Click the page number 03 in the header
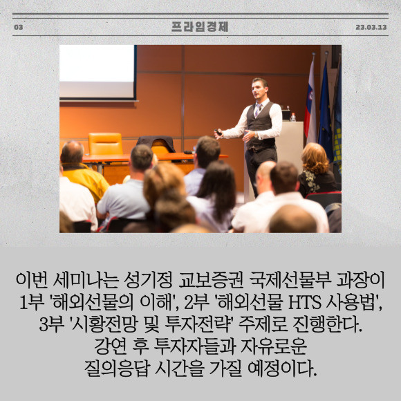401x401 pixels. (x=19, y=27)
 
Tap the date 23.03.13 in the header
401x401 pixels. (x=371, y=27)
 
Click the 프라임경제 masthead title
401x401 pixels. (x=200, y=26)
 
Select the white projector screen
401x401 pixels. (x=97, y=72)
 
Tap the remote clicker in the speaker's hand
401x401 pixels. (x=218, y=132)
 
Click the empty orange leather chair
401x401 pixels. (x=105, y=144)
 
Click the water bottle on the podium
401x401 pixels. (x=293, y=117)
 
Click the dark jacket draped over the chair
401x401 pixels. (x=156, y=143)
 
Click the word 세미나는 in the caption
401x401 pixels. (x=86, y=281)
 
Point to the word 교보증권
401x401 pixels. (x=211, y=281)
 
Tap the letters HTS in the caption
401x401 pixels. (x=305, y=303)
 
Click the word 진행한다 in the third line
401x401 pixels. (x=327, y=324)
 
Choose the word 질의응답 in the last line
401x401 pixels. (x=117, y=369)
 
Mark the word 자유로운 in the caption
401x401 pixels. (x=274, y=346)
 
